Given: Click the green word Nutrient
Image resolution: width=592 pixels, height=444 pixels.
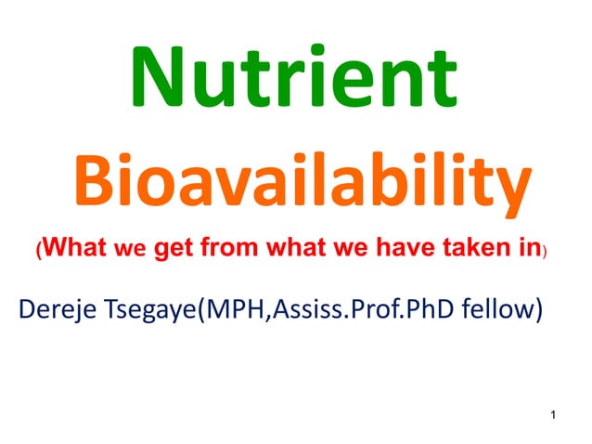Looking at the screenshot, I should [x=294, y=75].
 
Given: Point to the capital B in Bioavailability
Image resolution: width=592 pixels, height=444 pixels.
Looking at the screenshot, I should [x=96, y=182].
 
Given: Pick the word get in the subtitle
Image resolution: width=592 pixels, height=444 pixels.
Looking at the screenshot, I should [x=174, y=249].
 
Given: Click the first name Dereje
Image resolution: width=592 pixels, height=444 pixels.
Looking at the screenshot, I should [x=58, y=307].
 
